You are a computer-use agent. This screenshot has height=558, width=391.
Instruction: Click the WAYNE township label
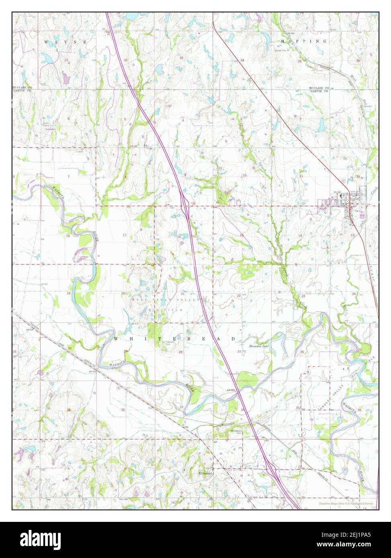66,42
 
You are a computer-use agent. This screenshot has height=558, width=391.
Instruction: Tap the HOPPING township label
304,41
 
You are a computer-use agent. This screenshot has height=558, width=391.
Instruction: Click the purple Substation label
51,129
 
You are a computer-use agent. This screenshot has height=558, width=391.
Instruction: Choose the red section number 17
125,235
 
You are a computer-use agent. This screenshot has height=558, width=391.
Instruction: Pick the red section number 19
68,293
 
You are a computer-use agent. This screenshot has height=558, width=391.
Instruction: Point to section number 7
68,177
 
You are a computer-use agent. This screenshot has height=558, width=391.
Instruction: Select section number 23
303,296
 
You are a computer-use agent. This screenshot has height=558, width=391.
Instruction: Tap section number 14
300,235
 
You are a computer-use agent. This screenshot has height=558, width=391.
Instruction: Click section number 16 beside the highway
178,237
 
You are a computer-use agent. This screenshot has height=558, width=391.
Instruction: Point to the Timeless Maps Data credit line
346,503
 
